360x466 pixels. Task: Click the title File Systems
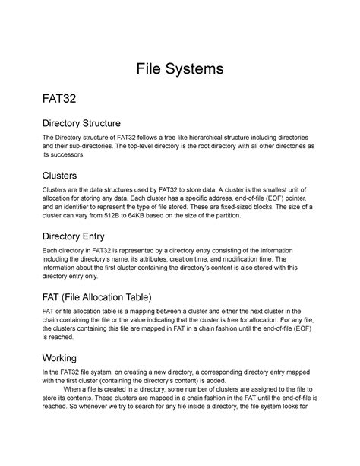(x=180, y=70)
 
